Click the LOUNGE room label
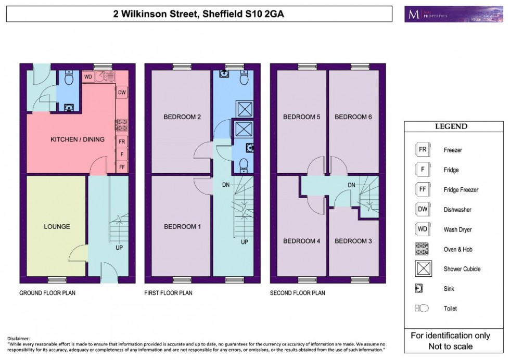coord(57,226)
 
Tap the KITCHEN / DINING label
coord(77,139)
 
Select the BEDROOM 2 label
coord(182,117)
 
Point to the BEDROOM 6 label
coord(353,117)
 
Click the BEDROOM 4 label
coord(301,241)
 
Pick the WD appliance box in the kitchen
coord(88,77)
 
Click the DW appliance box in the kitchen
coord(122,93)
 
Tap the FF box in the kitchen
coord(122,166)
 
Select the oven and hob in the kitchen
coord(122,125)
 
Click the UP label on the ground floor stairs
coord(119,248)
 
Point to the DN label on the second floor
coord(352,185)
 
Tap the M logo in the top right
coord(414,14)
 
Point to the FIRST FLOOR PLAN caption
coord(168,293)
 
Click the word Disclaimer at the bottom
coord(19,338)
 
